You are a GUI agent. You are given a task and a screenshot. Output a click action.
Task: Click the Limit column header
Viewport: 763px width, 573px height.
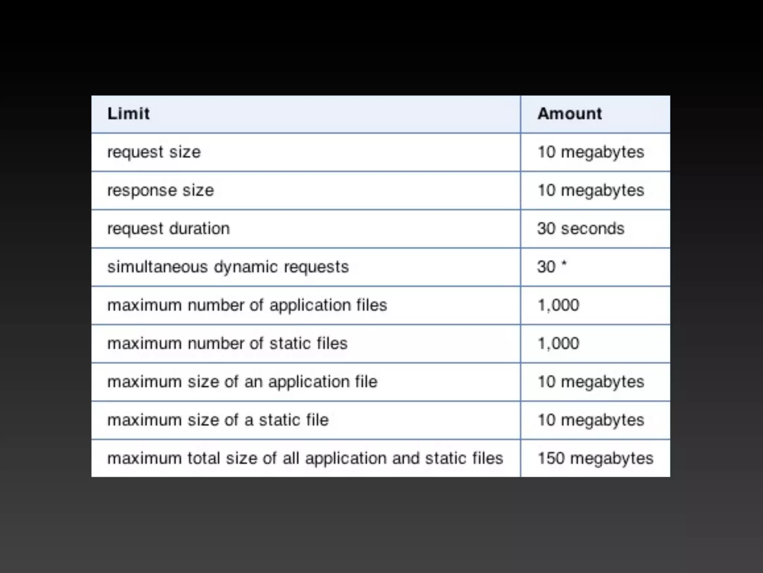[129, 114]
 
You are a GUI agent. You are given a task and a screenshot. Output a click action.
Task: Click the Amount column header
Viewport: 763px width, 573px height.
[569, 114]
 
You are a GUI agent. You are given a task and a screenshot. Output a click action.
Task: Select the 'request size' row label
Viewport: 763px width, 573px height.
[154, 152]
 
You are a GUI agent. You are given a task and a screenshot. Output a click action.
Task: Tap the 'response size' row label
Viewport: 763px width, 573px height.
[161, 191]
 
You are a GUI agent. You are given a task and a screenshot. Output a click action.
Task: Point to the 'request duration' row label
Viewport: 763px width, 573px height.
[168, 229]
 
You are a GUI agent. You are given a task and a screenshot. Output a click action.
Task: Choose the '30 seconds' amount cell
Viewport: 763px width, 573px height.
[580, 229]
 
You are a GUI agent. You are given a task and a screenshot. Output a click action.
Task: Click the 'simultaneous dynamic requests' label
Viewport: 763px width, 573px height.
[228, 267]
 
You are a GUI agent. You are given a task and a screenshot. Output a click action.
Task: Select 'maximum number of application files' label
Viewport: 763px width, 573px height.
[247, 306]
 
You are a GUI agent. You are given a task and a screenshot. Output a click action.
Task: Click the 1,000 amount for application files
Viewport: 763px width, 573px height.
[558, 306]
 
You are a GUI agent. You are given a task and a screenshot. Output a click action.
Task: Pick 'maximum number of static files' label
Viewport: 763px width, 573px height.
[227, 344]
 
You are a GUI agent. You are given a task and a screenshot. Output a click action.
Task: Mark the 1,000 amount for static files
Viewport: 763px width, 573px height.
[558, 344]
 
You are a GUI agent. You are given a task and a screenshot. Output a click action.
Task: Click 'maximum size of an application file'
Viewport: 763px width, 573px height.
[243, 382]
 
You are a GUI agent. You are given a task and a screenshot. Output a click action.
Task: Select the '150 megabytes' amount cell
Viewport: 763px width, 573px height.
[595, 458]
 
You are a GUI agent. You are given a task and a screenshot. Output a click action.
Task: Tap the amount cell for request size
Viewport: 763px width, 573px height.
[591, 152]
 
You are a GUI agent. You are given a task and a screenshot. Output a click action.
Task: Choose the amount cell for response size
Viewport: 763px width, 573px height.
[591, 191]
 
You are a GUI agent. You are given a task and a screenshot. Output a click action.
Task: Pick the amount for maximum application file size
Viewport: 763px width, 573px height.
[591, 382]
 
